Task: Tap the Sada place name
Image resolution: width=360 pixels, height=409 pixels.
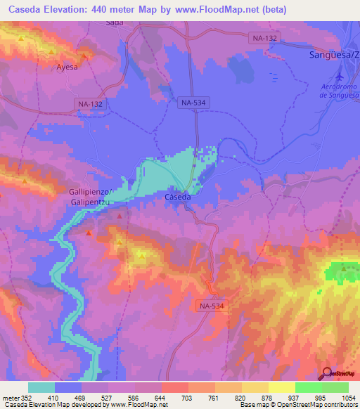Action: [x=114, y=23]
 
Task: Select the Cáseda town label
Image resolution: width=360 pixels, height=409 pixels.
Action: [x=177, y=197]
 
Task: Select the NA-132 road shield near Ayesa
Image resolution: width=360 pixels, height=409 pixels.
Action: [x=90, y=103]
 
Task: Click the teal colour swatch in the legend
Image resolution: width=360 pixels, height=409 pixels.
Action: [x=41, y=387]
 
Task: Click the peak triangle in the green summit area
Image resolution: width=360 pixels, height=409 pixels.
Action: [x=343, y=268]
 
